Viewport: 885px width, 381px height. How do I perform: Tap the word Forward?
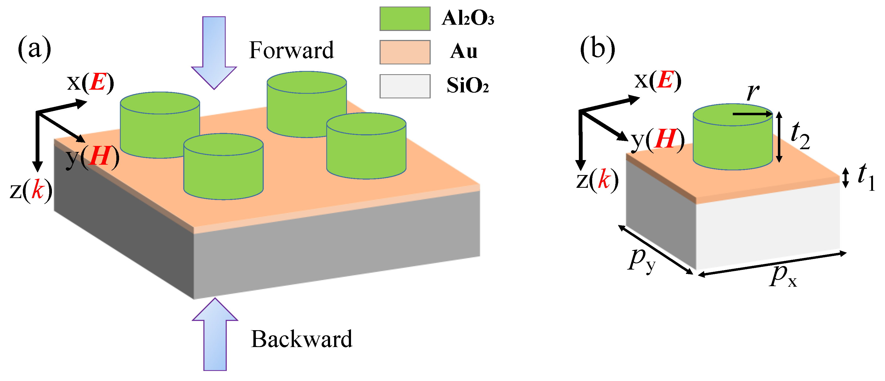pyautogui.click(x=291, y=51)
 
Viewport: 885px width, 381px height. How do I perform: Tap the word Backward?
pyautogui.click(x=301, y=339)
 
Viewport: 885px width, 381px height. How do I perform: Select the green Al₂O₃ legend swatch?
pyautogui.click(x=405, y=19)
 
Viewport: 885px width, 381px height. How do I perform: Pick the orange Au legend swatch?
pyautogui.click(x=405, y=52)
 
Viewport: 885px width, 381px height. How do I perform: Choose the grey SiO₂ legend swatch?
pyautogui.click(x=405, y=86)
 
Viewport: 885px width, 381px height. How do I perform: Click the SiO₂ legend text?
pyautogui.click(x=467, y=86)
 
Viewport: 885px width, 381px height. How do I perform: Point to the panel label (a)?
pyautogui.click(x=34, y=49)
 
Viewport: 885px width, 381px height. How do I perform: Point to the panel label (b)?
pyautogui.click(x=597, y=49)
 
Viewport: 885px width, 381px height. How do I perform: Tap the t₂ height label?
pyautogui.click(x=800, y=136)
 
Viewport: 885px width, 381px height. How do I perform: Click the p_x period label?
pyautogui.click(x=782, y=276)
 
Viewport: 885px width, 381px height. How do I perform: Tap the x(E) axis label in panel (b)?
pyautogui.click(x=658, y=81)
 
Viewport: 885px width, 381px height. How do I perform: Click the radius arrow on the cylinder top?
pyautogui.click(x=752, y=114)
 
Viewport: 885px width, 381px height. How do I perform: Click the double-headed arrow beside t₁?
pyautogui.click(x=846, y=177)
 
